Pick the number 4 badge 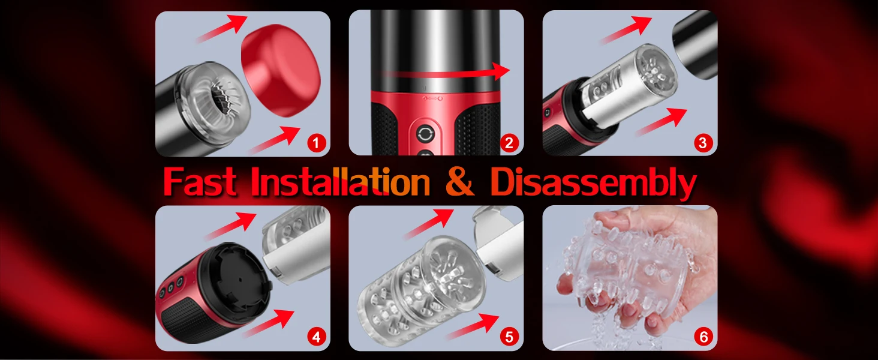(315, 337)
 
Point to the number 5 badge (509, 337)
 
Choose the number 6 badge (703, 337)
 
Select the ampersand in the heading (460, 182)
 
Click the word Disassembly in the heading (593, 182)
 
